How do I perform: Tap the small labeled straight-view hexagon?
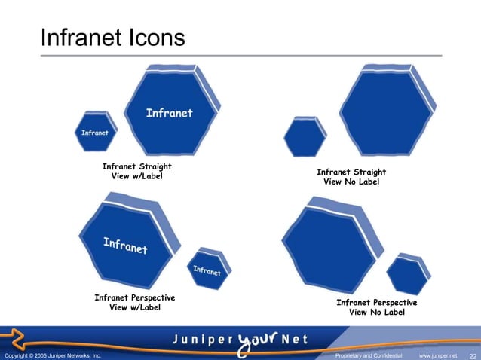click(96, 133)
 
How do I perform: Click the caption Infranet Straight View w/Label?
click(137, 172)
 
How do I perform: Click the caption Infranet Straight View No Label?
click(351, 177)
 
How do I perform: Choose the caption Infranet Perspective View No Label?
click(377, 307)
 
